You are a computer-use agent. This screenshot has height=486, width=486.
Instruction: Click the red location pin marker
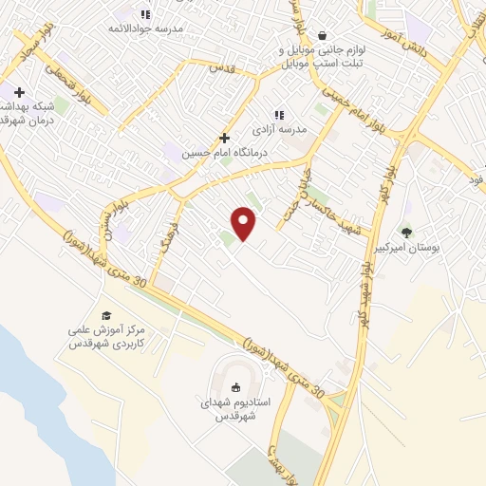click(x=245, y=223)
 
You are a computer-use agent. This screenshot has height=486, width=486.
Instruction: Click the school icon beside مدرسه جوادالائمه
click(x=144, y=14)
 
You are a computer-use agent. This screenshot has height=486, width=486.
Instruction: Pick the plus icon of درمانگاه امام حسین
click(x=225, y=137)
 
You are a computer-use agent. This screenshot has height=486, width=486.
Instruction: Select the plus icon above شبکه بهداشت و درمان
click(x=18, y=91)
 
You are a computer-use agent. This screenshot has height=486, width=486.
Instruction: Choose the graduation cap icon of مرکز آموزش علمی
click(x=105, y=315)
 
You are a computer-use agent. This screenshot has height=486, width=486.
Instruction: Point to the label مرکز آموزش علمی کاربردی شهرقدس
click(x=106, y=336)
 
